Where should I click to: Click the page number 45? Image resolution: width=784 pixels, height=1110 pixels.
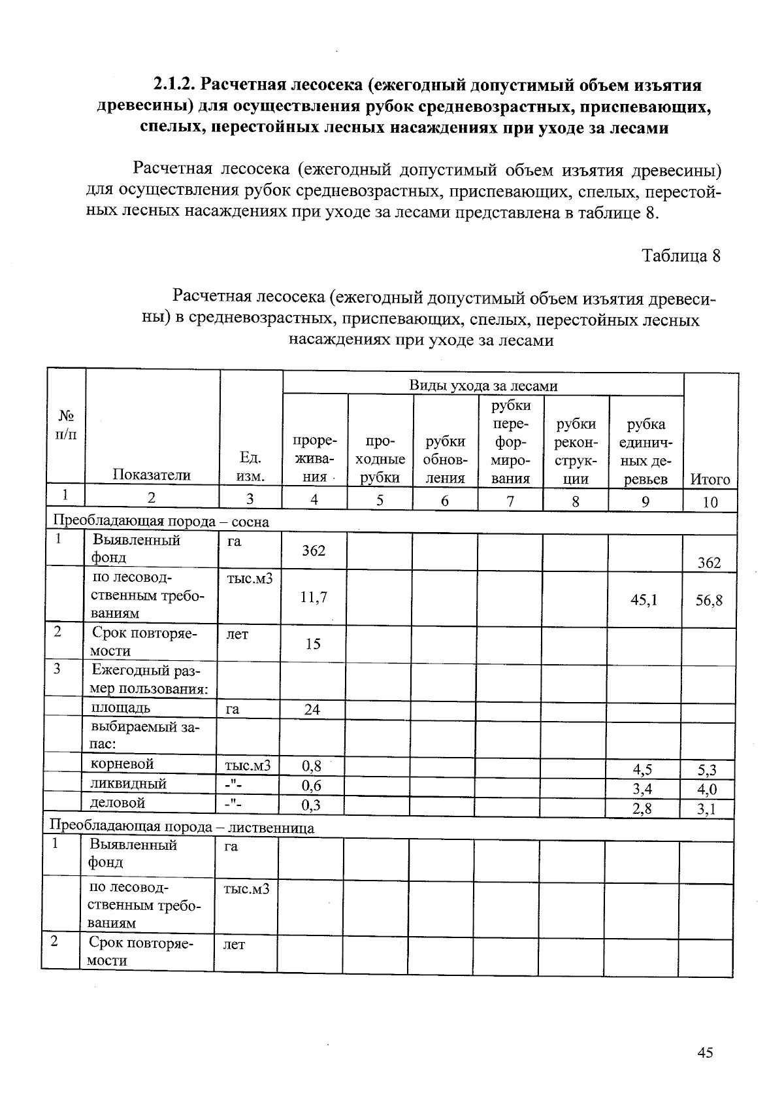point(704,1052)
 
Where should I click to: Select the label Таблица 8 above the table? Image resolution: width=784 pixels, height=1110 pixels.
point(681,256)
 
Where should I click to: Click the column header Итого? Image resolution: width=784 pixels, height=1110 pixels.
point(710,480)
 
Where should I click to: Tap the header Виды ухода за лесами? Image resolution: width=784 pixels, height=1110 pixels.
point(483,385)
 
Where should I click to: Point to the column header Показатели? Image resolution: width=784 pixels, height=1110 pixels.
point(152,475)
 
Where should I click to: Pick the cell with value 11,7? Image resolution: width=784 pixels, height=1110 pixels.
point(314,596)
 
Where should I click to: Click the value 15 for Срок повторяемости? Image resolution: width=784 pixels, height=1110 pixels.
point(313,644)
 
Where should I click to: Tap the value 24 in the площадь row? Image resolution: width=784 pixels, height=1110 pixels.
point(312,709)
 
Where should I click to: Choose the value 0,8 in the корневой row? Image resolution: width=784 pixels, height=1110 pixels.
point(312,764)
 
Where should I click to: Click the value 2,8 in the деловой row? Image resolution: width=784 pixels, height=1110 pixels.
point(642,809)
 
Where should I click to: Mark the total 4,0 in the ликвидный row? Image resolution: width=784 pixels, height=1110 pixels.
point(707,790)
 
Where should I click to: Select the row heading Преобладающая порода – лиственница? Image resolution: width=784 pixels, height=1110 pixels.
point(182,828)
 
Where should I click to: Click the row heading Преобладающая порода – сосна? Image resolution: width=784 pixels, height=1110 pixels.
point(161,522)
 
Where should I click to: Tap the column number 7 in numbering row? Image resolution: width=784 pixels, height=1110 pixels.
point(510,501)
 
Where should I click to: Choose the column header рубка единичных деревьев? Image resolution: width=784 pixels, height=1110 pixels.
point(645,451)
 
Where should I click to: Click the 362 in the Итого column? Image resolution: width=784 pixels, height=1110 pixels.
point(709,563)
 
